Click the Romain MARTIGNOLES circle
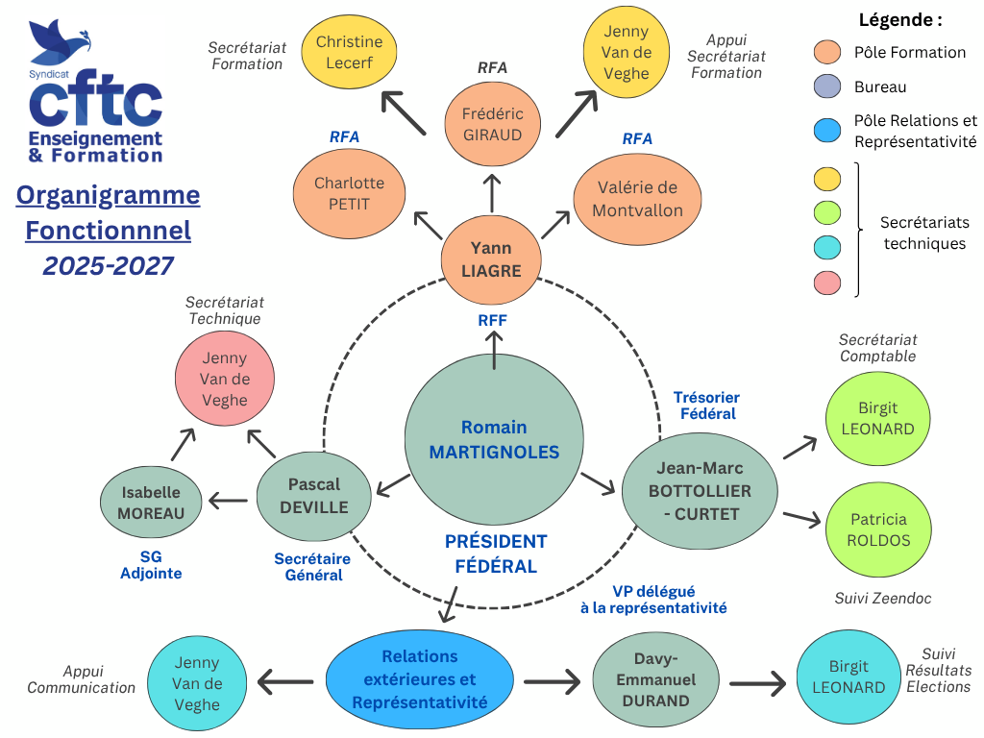tap(494, 439)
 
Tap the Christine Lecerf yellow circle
tap(349, 53)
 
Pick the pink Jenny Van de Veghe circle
tap(225, 379)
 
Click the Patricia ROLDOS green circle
tap(876, 529)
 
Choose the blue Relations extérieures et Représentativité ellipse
tap(419, 679)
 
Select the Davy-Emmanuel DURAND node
tap(655, 679)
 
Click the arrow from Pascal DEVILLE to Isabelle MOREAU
tap(228, 500)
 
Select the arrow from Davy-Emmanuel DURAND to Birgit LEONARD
tap(758, 683)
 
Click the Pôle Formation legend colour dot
tap(826, 52)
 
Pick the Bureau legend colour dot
tap(826, 87)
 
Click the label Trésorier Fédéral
tap(706, 406)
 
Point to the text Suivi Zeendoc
tap(882, 599)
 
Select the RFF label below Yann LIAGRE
tap(492, 321)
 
